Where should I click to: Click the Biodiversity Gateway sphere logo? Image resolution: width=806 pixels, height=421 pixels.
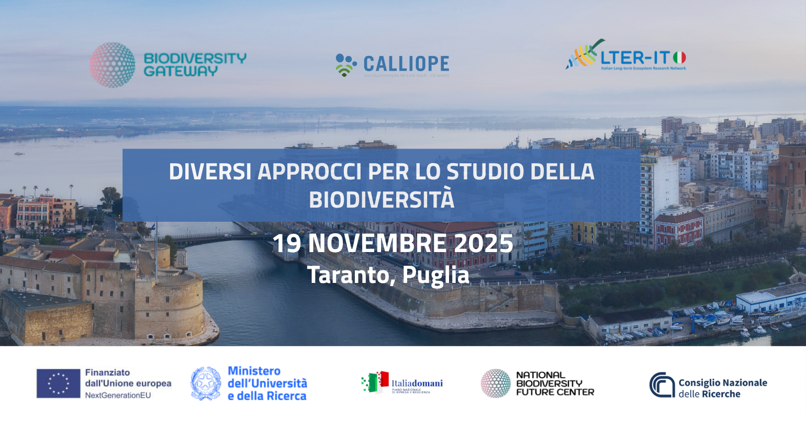(113, 65)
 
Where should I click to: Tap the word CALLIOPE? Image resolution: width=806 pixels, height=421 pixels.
(406, 64)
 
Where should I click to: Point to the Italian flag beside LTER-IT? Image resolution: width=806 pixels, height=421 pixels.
(679, 57)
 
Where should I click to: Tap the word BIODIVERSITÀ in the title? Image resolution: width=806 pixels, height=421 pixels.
(382, 200)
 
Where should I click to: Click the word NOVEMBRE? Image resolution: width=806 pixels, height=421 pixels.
(373, 243)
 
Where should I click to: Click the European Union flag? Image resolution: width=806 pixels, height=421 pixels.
(58, 383)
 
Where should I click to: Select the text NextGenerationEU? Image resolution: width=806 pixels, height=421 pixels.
(118, 395)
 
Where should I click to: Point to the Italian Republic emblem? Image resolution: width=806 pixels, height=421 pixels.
(206, 383)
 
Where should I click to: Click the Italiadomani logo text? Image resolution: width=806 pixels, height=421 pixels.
(417, 383)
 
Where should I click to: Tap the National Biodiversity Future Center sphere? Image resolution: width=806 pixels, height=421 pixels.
(495, 383)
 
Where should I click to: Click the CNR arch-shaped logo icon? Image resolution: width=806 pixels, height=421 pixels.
(662, 385)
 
